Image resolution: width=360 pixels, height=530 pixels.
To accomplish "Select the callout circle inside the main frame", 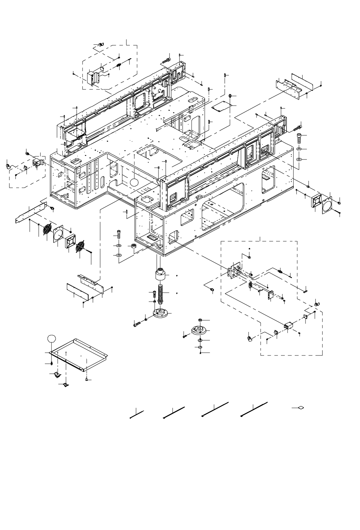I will click(x=134, y=182).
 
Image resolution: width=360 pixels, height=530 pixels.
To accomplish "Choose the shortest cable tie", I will click(x=137, y=414).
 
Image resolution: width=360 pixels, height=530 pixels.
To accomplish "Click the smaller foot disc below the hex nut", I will click(x=200, y=330).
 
